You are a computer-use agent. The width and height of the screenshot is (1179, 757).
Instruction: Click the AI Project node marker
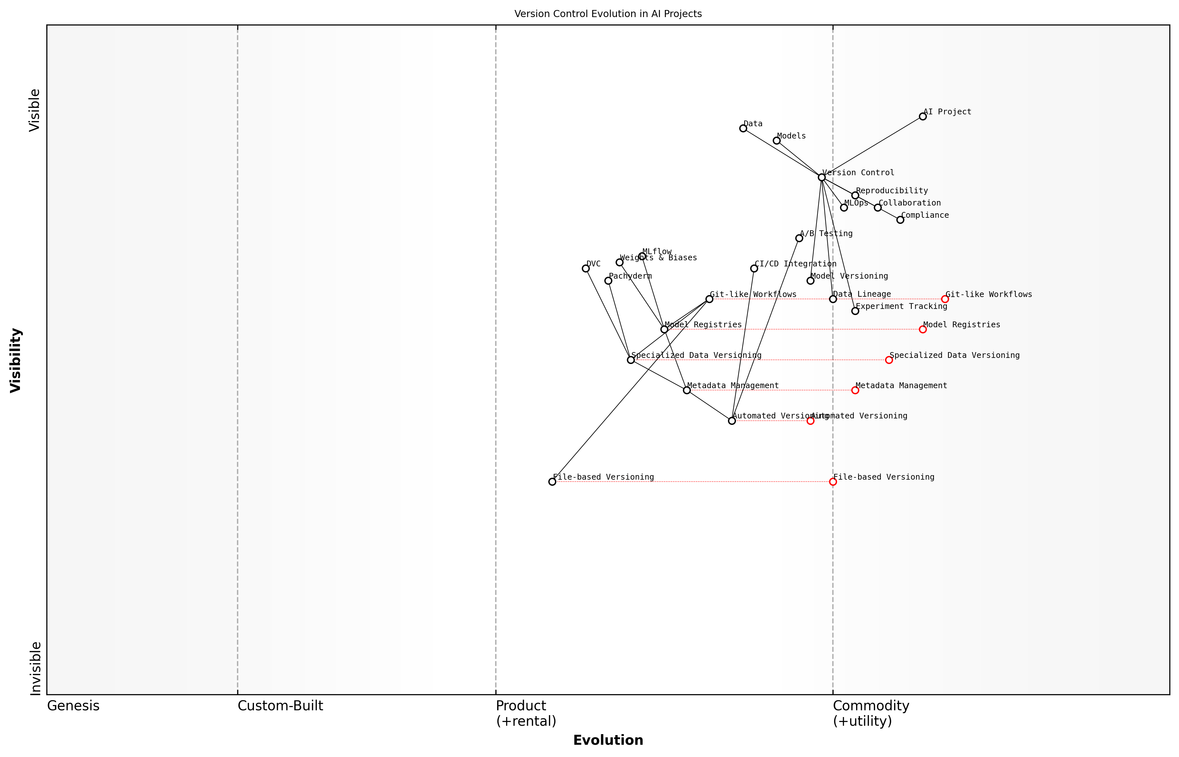click(x=923, y=117)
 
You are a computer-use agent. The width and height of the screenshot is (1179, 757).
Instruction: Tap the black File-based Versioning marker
click(x=552, y=482)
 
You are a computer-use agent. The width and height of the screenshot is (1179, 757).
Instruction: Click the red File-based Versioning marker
click(x=833, y=482)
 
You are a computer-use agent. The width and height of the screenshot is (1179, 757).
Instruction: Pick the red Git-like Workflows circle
click(x=945, y=299)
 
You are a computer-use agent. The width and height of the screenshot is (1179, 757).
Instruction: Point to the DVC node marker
click(x=586, y=268)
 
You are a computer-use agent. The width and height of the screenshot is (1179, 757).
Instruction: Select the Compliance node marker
click(x=900, y=220)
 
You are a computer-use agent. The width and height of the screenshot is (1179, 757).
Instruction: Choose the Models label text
click(x=791, y=136)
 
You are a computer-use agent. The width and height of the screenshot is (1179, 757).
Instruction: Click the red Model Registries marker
click(x=923, y=329)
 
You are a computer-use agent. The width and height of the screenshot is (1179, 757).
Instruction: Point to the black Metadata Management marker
click(x=687, y=390)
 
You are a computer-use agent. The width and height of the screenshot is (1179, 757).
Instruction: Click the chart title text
click(x=608, y=14)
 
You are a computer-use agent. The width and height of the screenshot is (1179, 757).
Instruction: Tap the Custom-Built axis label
click(x=280, y=706)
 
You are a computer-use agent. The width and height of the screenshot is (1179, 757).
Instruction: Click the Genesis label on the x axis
click(x=73, y=706)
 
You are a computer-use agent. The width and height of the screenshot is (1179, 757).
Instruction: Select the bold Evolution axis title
click(x=608, y=740)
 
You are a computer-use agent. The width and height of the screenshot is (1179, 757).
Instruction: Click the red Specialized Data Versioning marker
click(x=889, y=360)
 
